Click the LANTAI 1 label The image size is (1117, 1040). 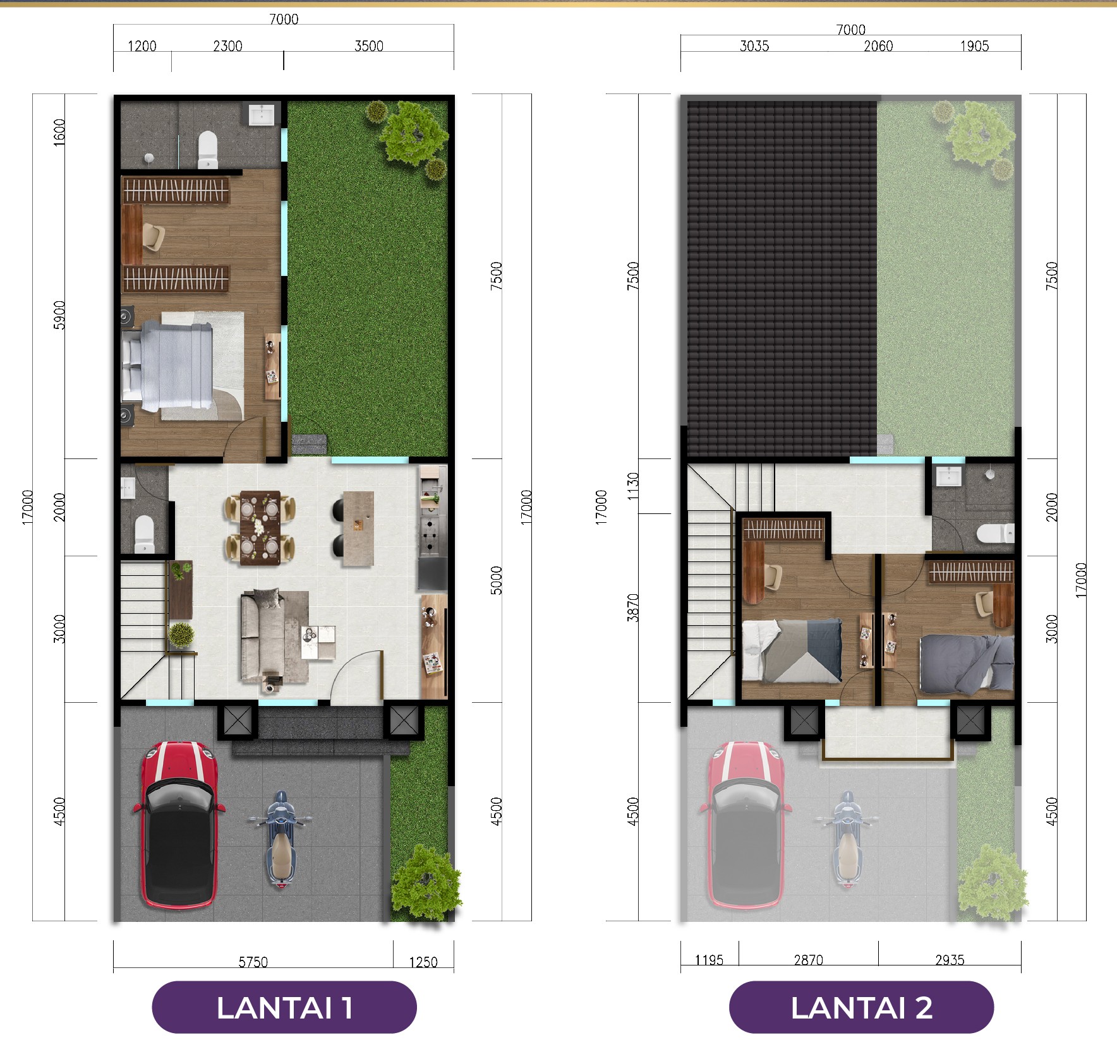[284, 1007]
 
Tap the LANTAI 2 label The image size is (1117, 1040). [861, 1007]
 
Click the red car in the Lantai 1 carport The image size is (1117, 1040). [179, 824]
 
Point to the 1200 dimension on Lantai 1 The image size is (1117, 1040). [142, 45]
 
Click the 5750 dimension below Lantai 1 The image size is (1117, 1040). [253, 962]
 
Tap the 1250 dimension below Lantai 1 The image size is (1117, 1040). [423, 962]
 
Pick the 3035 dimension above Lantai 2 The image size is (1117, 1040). [754, 45]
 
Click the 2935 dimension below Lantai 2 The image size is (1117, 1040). [950, 960]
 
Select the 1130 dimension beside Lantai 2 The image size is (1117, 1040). [633, 486]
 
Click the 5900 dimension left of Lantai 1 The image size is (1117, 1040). [59, 314]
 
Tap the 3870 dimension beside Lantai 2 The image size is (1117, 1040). [633, 607]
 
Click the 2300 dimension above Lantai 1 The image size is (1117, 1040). [227, 45]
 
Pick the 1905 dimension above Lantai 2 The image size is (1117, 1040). [974, 45]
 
